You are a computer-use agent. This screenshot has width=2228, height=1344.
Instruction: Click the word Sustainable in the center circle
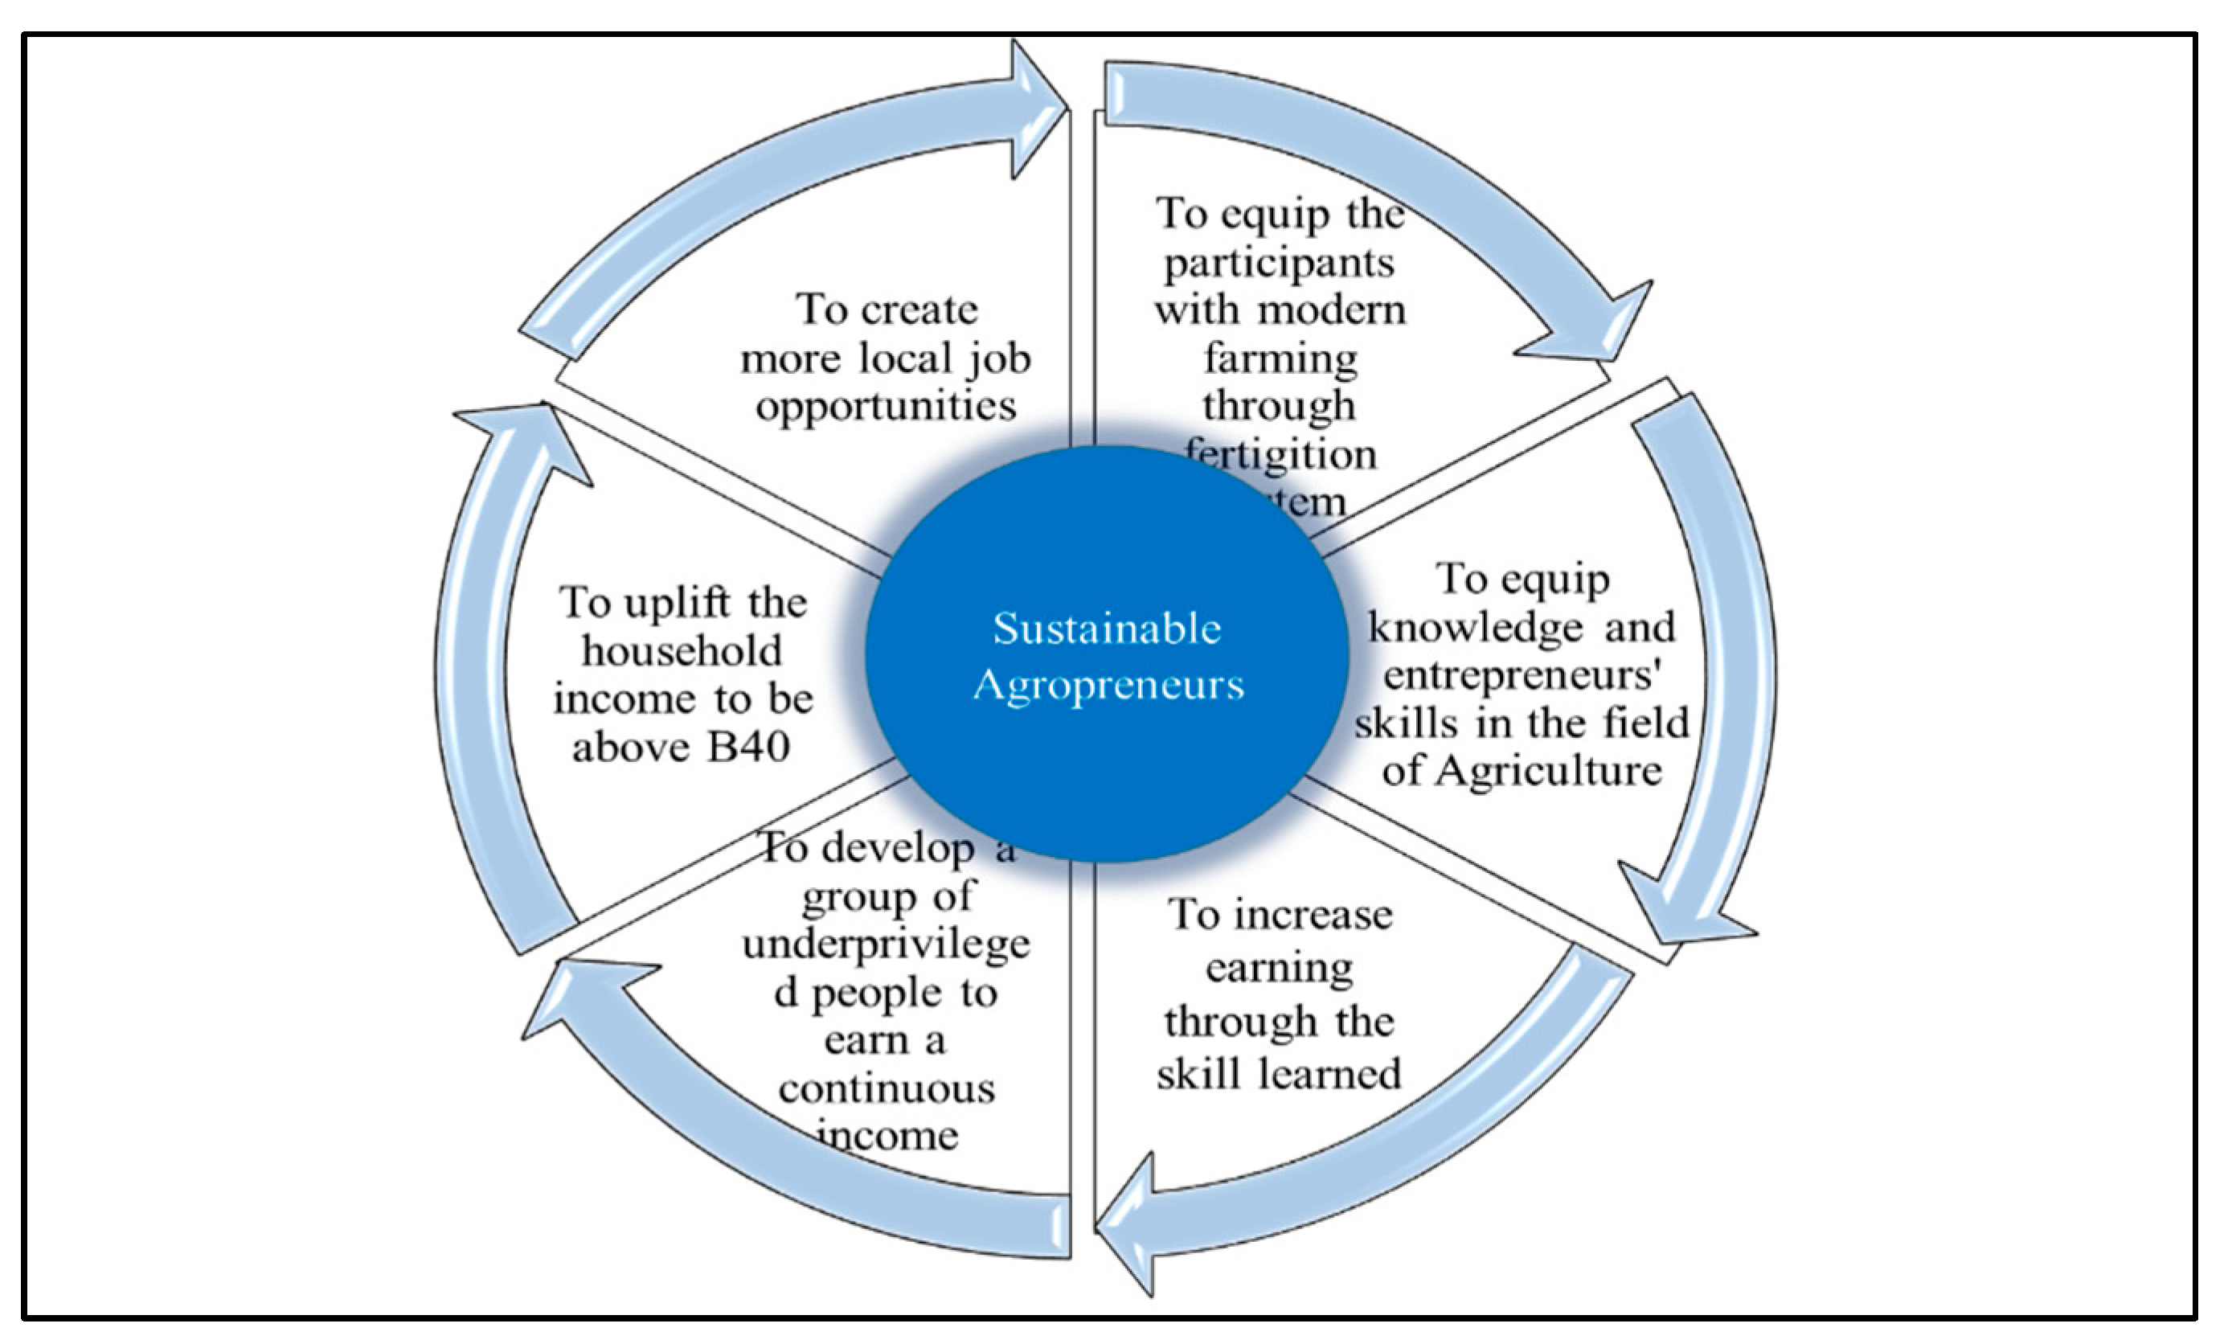pos(1107,628)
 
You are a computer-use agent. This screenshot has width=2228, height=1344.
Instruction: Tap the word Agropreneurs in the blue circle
pos(1108,685)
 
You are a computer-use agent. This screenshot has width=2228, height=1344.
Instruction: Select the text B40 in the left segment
pos(749,747)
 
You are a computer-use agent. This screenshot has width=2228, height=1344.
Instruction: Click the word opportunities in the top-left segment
pos(886,406)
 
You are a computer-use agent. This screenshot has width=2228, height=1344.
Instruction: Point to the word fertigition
pos(1280,453)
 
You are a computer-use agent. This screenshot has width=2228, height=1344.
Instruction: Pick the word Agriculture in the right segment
pos(1548,771)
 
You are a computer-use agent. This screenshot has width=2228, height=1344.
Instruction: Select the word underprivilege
pos(886,944)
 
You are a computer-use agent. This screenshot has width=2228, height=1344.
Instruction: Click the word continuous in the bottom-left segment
pos(886,1088)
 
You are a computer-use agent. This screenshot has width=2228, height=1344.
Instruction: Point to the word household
pos(682,650)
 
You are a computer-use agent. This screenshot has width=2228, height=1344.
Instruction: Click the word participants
pos(1279,262)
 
